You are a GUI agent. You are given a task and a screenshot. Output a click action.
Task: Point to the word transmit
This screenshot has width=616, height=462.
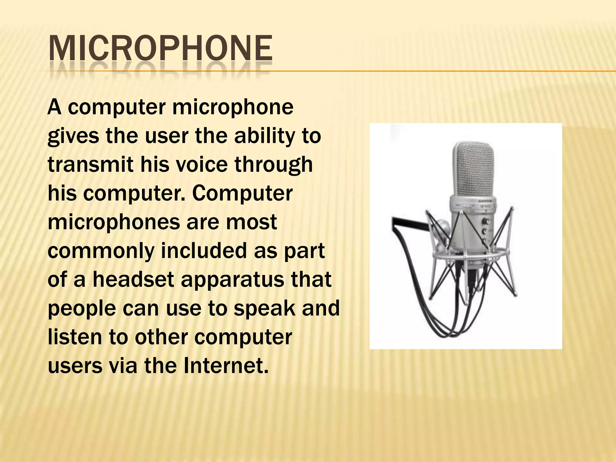click(90, 165)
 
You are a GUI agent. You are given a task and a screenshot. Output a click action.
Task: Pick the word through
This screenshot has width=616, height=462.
click(273, 165)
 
